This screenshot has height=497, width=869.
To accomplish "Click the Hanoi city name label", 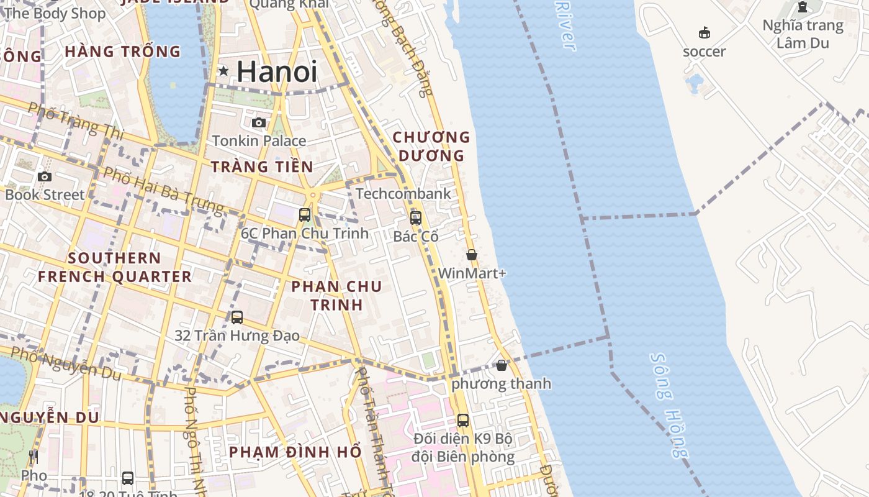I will pyautogui.click(x=277, y=71).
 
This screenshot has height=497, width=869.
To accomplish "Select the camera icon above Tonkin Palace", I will pyautogui.click(x=259, y=123).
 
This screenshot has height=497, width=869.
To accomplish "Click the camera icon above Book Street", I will pyautogui.click(x=44, y=177).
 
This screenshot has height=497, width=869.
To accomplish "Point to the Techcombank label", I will pyautogui.click(x=403, y=193).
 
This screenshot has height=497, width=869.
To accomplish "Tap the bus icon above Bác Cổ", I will pyautogui.click(x=416, y=218).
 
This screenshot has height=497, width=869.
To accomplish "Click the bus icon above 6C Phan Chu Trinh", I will pyautogui.click(x=305, y=215).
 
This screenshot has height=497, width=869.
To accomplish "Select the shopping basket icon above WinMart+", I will pyautogui.click(x=472, y=255).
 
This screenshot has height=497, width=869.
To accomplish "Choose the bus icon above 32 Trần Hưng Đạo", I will pyautogui.click(x=237, y=317).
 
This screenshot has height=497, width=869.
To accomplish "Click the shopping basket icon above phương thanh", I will pyautogui.click(x=502, y=365).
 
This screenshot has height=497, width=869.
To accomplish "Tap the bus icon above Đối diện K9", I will pyautogui.click(x=463, y=421).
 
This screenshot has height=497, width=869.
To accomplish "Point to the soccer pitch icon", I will pyautogui.click(x=704, y=33).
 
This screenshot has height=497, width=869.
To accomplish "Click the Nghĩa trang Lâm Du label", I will pyautogui.click(x=803, y=34).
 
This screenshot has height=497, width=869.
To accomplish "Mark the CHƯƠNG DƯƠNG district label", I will pyautogui.click(x=431, y=146).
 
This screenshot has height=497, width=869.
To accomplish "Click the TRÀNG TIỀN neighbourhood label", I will pyautogui.click(x=262, y=166).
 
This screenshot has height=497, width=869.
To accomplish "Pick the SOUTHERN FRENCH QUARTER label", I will pyautogui.click(x=115, y=267).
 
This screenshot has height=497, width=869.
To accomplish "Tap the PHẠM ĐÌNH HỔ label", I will pyautogui.click(x=295, y=452).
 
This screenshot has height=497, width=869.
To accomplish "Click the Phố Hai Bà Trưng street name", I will pyautogui.click(x=163, y=189).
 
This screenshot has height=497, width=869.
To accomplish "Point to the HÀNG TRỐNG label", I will pyautogui.click(x=122, y=52).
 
